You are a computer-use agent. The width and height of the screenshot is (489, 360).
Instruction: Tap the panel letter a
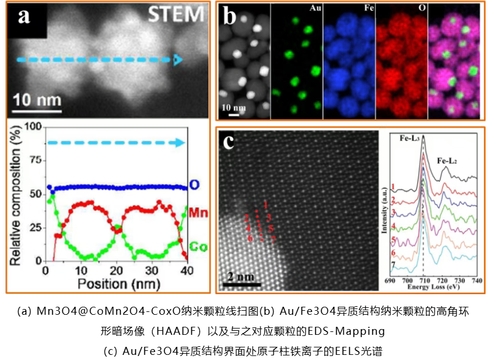click(x=24, y=16)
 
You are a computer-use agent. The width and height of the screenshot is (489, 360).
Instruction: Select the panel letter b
click(x=229, y=17)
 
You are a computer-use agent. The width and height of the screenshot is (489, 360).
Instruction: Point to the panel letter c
click(x=229, y=141)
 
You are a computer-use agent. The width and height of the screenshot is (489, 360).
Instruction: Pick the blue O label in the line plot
click(x=195, y=185)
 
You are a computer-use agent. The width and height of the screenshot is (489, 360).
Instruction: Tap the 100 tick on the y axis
click(x=36, y=126)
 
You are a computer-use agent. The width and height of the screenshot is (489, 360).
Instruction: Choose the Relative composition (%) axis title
click(x=15, y=194)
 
